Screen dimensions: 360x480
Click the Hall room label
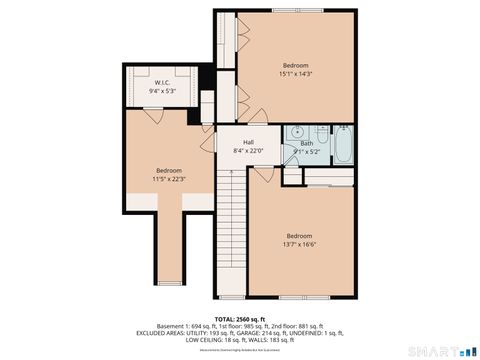pos(247,142)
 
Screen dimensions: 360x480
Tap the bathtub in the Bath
pos(342,146)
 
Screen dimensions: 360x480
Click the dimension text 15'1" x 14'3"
pos(296,73)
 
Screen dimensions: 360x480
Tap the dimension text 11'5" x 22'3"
pos(169,179)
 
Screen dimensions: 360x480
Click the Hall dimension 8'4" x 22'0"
pos(247,151)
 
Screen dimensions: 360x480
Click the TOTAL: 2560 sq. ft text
pos(239,318)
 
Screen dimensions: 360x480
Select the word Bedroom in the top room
pos(296,65)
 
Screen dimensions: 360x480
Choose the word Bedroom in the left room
pos(169,170)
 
